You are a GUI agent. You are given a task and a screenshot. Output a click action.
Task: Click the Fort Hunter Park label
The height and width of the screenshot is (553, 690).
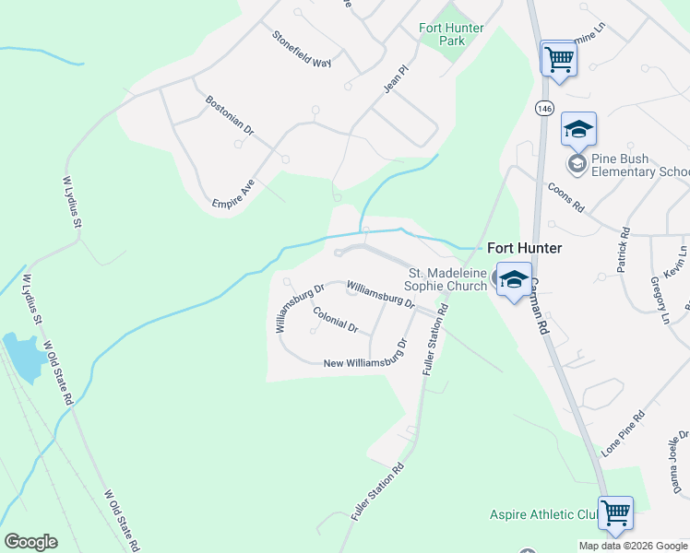[x=451, y=34]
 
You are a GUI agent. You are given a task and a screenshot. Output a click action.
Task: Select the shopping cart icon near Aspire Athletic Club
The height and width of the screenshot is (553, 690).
[x=615, y=512]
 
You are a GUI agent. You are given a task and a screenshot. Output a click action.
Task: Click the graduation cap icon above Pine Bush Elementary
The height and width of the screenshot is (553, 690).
[x=578, y=129]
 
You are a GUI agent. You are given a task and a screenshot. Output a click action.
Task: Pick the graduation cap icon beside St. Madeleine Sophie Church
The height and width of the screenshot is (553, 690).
[x=513, y=280]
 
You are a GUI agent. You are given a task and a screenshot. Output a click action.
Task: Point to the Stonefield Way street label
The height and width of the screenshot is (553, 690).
[x=301, y=50]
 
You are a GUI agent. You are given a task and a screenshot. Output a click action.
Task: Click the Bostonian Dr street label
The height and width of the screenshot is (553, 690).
[x=230, y=116]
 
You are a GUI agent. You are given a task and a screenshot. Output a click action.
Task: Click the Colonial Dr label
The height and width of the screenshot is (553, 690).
[x=335, y=319]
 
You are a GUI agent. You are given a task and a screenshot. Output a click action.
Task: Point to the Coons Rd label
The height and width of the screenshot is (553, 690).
[x=566, y=195]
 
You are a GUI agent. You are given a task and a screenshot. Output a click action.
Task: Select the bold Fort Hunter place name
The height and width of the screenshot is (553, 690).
[x=524, y=249]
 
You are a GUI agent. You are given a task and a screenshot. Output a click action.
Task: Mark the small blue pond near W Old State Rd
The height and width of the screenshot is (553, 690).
[x=22, y=357]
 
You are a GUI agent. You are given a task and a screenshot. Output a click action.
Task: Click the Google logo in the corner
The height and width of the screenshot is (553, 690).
[x=30, y=542]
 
